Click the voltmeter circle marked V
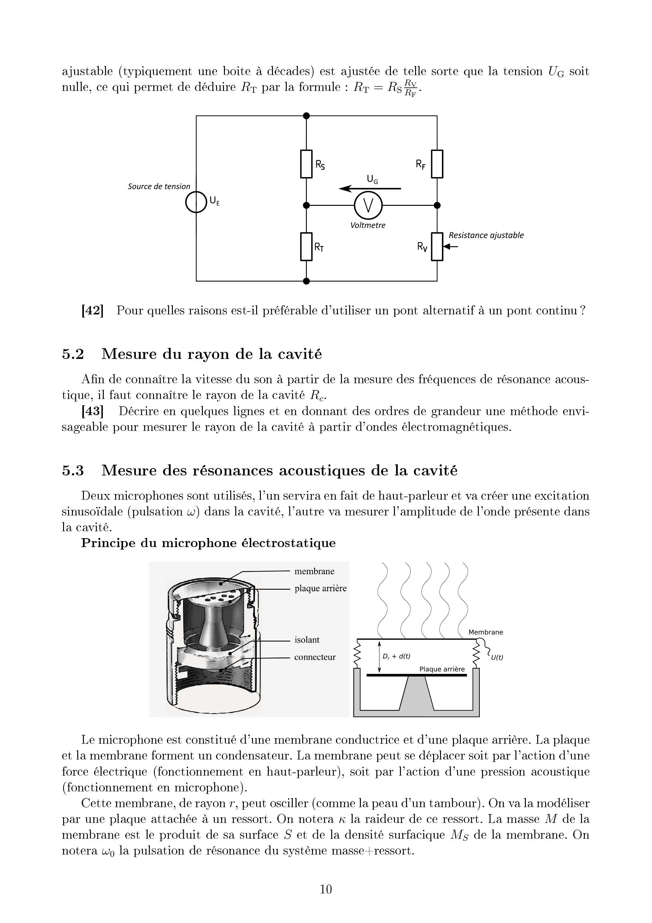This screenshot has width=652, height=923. coord(368,205)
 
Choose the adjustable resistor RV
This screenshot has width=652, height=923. coord(437,247)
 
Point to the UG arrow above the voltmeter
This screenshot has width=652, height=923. coord(370,188)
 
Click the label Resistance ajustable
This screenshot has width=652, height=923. coord(486,235)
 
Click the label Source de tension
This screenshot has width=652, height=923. coord(159,187)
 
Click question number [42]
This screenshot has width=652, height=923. coord(92,311)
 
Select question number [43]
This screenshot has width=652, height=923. coord(92,411)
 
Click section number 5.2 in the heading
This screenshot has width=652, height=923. coord(73,354)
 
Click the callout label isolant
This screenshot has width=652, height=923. coord(307,640)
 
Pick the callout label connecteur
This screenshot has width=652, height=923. coord(314,657)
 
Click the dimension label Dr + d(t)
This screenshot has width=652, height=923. coord(396,657)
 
